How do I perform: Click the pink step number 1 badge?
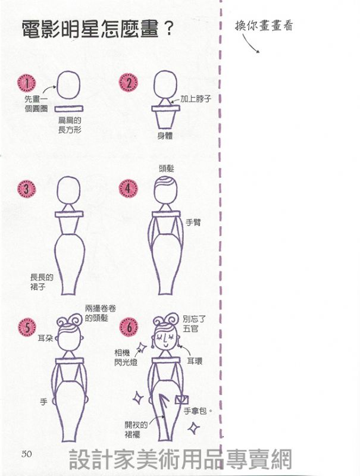pyautogui.click(x=27, y=83)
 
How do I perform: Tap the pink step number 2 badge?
pyautogui.click(x=128, y=83)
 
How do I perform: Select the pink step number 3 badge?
pyautogui.click(x=27, y=189)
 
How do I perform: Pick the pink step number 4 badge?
pyautogui.click(x=128, y=188)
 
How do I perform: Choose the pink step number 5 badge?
pyautogui.click(x=27, y=327)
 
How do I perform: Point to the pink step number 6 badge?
pyautogui.click(x=129, y=327)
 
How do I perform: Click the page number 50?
pyautogui.click(x=27, y=453)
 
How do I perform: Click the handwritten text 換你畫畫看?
pyautogui.click(x=264, y=26)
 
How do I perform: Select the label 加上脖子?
pyautogui.click(x=196, y=99)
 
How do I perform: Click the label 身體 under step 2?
pyautogui.click(x=165, y=136)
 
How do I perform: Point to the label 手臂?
pyautogui.click(x=193, y=222)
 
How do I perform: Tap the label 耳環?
pyautogui.click(x=195, y=361)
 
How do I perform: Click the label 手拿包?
pyautogui.click(x=195, y=411)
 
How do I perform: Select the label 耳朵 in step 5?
pyautogui.click(x=46, y=338)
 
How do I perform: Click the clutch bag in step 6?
pyautogui.click(x=181, y=399)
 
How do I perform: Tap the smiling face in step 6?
pyautogui.click(x=165, y=339)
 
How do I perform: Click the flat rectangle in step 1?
pyautogui.click(x=69, y=109)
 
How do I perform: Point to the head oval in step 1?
pyautogui.click(x=69, y=86)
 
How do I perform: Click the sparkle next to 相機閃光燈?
pyautogui.click(x=141, y=347)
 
